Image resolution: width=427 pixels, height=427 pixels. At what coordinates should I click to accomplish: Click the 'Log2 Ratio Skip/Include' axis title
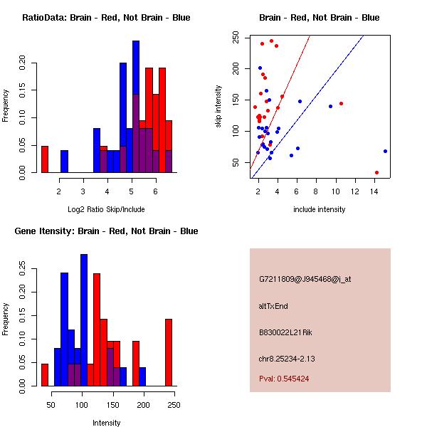pyautogui.click(x=106, y=209)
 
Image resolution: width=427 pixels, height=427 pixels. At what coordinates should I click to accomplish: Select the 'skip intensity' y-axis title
pyautogui.click(x=219, y=107)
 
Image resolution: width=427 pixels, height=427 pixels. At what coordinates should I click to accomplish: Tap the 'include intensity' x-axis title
pyautogui.click(x=320, y=209)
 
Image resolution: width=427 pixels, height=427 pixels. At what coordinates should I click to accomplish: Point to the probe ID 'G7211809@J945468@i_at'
pyautogui.click(x=305, y=279)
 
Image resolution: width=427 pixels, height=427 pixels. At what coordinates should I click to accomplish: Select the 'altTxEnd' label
pyautogui.click(x=273, y=306)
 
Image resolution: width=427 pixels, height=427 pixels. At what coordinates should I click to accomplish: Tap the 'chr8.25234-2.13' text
pyautogui.click(x=287, y=358)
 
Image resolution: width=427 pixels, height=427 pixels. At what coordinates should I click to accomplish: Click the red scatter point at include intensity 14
pyautogui.click(x=376, y=172)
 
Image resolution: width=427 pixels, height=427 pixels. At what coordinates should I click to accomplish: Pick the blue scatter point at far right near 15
pyautogui.click(x=385, y=151)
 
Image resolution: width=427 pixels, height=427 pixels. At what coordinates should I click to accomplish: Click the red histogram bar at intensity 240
pyautogui.click(x=169, y=352)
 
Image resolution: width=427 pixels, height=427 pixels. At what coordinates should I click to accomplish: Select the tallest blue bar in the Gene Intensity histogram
pyautogui.click(x=84, y=320)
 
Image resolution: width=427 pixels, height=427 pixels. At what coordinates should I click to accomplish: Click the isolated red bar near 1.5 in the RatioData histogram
pyautogui.click(x=44, y=159)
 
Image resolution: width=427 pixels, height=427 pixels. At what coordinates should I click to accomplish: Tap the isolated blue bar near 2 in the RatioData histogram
pyautogui.click(x=64, y=162)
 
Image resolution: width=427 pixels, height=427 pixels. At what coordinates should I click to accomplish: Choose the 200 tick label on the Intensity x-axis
pyautogui.click(x=144, y=405)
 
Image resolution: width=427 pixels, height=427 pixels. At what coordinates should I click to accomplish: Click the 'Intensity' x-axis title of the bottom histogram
pyautogui.click(x=106, y=423)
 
